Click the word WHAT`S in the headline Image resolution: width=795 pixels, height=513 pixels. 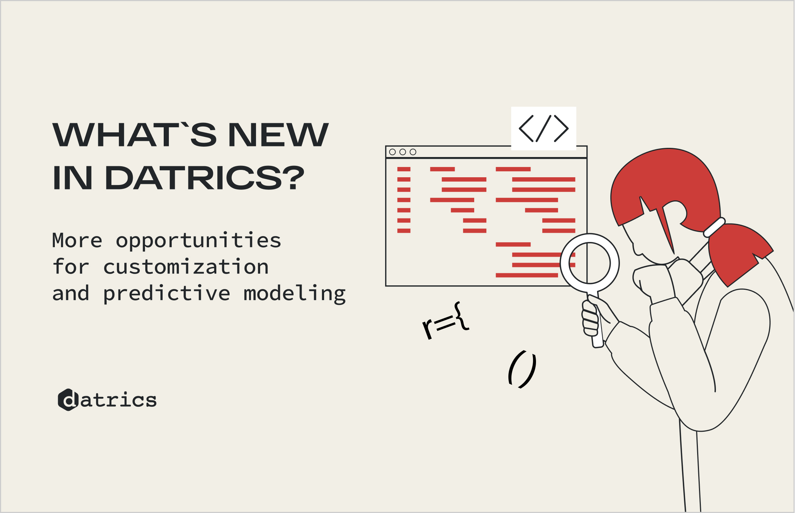pos(135,135)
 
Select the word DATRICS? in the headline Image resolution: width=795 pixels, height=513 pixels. pos(205,178)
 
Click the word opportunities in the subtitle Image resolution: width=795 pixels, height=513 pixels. pos(199,241)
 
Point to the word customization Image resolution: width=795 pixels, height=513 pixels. pos(186,267)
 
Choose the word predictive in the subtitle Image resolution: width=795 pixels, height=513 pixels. pos(167,294)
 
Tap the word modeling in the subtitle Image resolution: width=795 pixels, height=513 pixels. pos(295,294)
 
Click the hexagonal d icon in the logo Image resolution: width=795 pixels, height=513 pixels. pos(68,400)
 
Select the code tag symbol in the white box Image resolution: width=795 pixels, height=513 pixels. pos(543,128)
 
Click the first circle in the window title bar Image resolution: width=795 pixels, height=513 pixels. pos(393,152)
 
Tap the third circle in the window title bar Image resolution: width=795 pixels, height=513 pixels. pos(413,152)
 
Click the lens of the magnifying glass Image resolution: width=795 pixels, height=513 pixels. pos(589,263)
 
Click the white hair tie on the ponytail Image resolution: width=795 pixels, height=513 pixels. pos(714,227)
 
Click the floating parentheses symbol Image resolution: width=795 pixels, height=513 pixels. pos(522,369)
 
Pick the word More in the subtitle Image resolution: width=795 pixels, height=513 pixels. pos(77,241)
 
